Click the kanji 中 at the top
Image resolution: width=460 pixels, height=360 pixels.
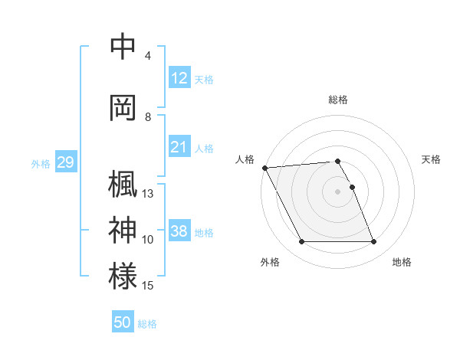pos(123,47)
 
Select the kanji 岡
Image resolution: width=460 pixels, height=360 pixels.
pos(123,108)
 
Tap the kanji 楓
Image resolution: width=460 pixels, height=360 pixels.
pos(123,185)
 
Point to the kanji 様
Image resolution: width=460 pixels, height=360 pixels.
pos(123,277)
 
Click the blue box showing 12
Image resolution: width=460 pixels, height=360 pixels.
pos(179,78)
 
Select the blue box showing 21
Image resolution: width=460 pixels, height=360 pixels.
pos(179,147)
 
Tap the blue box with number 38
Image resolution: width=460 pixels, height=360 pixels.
pos(179,231)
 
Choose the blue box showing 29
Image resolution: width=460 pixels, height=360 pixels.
pos(65,162)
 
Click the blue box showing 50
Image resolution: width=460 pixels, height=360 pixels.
pos(123,322)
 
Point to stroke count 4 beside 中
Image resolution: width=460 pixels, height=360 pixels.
pos(147,56)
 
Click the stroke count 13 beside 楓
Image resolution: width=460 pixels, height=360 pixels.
pos(148,194)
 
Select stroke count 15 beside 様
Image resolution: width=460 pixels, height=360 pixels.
pos(148,286)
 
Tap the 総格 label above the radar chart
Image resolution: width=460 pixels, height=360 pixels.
pos(338,100)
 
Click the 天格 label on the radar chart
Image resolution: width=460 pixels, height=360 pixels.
pos(431,159)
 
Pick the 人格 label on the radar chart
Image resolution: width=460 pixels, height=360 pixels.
pos(245,159)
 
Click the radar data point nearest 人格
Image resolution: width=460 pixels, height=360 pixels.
pos(265,168)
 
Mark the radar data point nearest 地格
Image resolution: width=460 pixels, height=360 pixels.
pos(374,242)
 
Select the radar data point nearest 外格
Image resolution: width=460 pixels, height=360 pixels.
pos(302,242)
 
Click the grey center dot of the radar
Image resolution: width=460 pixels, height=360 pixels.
pos(338,191)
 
